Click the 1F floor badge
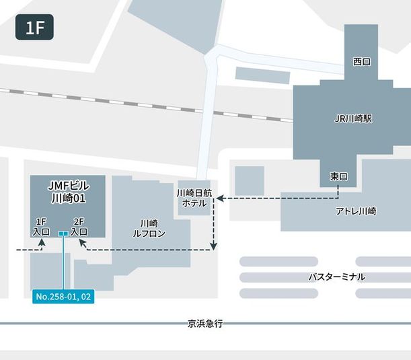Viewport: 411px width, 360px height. (34, 28)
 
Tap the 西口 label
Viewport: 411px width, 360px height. (362, 61)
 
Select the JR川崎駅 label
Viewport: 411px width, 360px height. (353, 118)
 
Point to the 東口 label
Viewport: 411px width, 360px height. (338, 176)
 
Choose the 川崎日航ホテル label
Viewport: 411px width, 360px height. (194, 197)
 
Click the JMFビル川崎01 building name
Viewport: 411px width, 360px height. (68, 192)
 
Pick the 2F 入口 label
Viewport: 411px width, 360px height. (79, 226)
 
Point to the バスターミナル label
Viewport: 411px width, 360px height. (336, 277)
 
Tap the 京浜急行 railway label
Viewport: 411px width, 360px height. (205, 324)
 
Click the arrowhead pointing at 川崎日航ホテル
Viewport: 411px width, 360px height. (218, 198)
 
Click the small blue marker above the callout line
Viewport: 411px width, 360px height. (63, 234)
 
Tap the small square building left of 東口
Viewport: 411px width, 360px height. (249, 180)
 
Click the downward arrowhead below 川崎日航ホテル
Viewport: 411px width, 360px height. (214, 246)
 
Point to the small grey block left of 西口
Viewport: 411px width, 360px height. (262, 75)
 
